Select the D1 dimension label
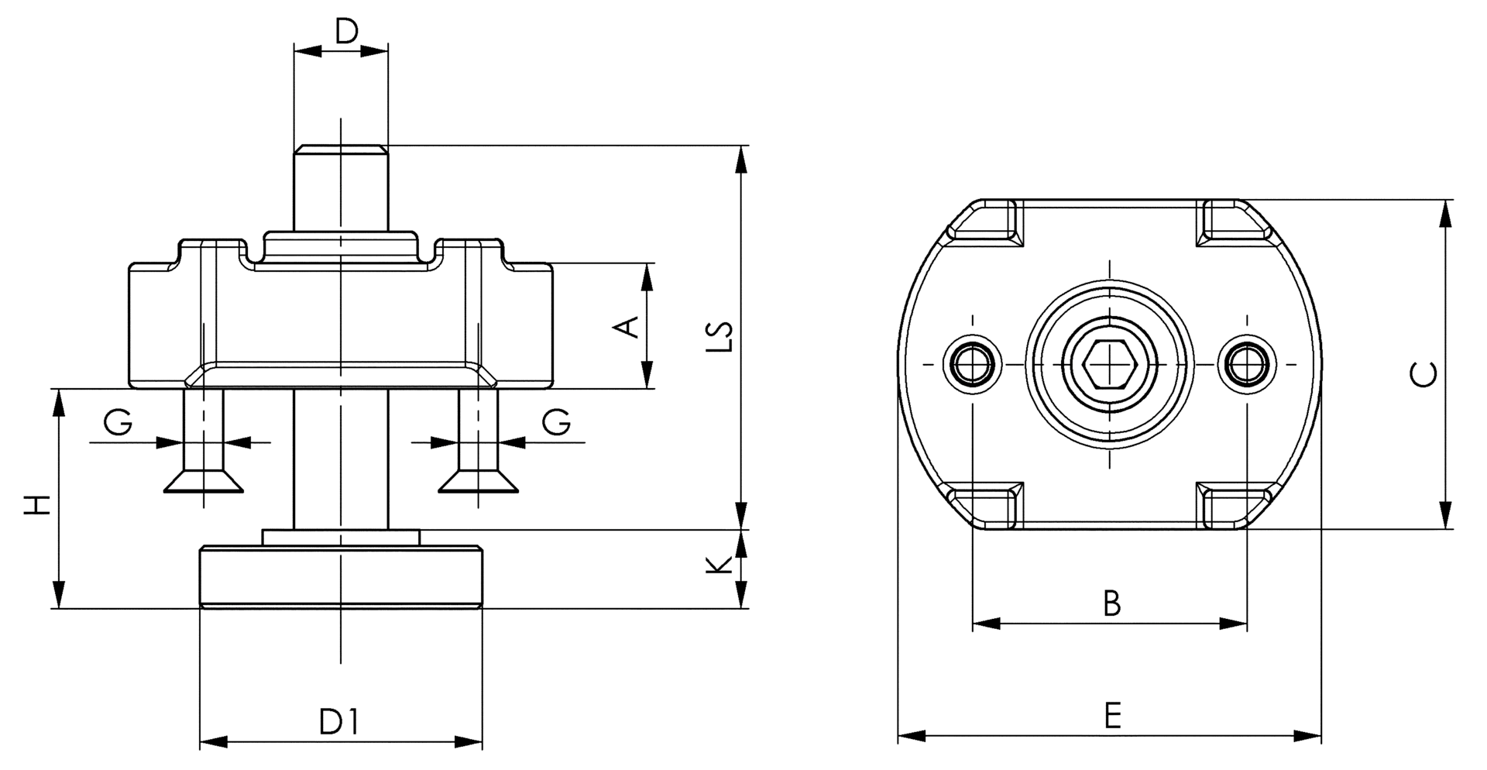pyautogui.click(x=339, y=722)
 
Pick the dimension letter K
pyautogui.click(x=719, y=565)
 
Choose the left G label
pyautogui.click(x=118, y=423)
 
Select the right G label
pyautogui.click(x=556, y=423)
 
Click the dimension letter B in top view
pyautogui.click(x=1111, y=603)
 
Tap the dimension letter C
pyautogui.click(x=1423, y=373)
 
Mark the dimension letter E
pyautogui.click(x=1112, y=716)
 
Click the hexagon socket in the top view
pyautogui.click(x=1108, y=363)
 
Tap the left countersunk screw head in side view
pyautogui.click(x=204, y=482)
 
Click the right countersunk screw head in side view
pyautogui.click(x=478, y=482)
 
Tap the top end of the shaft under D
pyautogui.click(x=341, y=149)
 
